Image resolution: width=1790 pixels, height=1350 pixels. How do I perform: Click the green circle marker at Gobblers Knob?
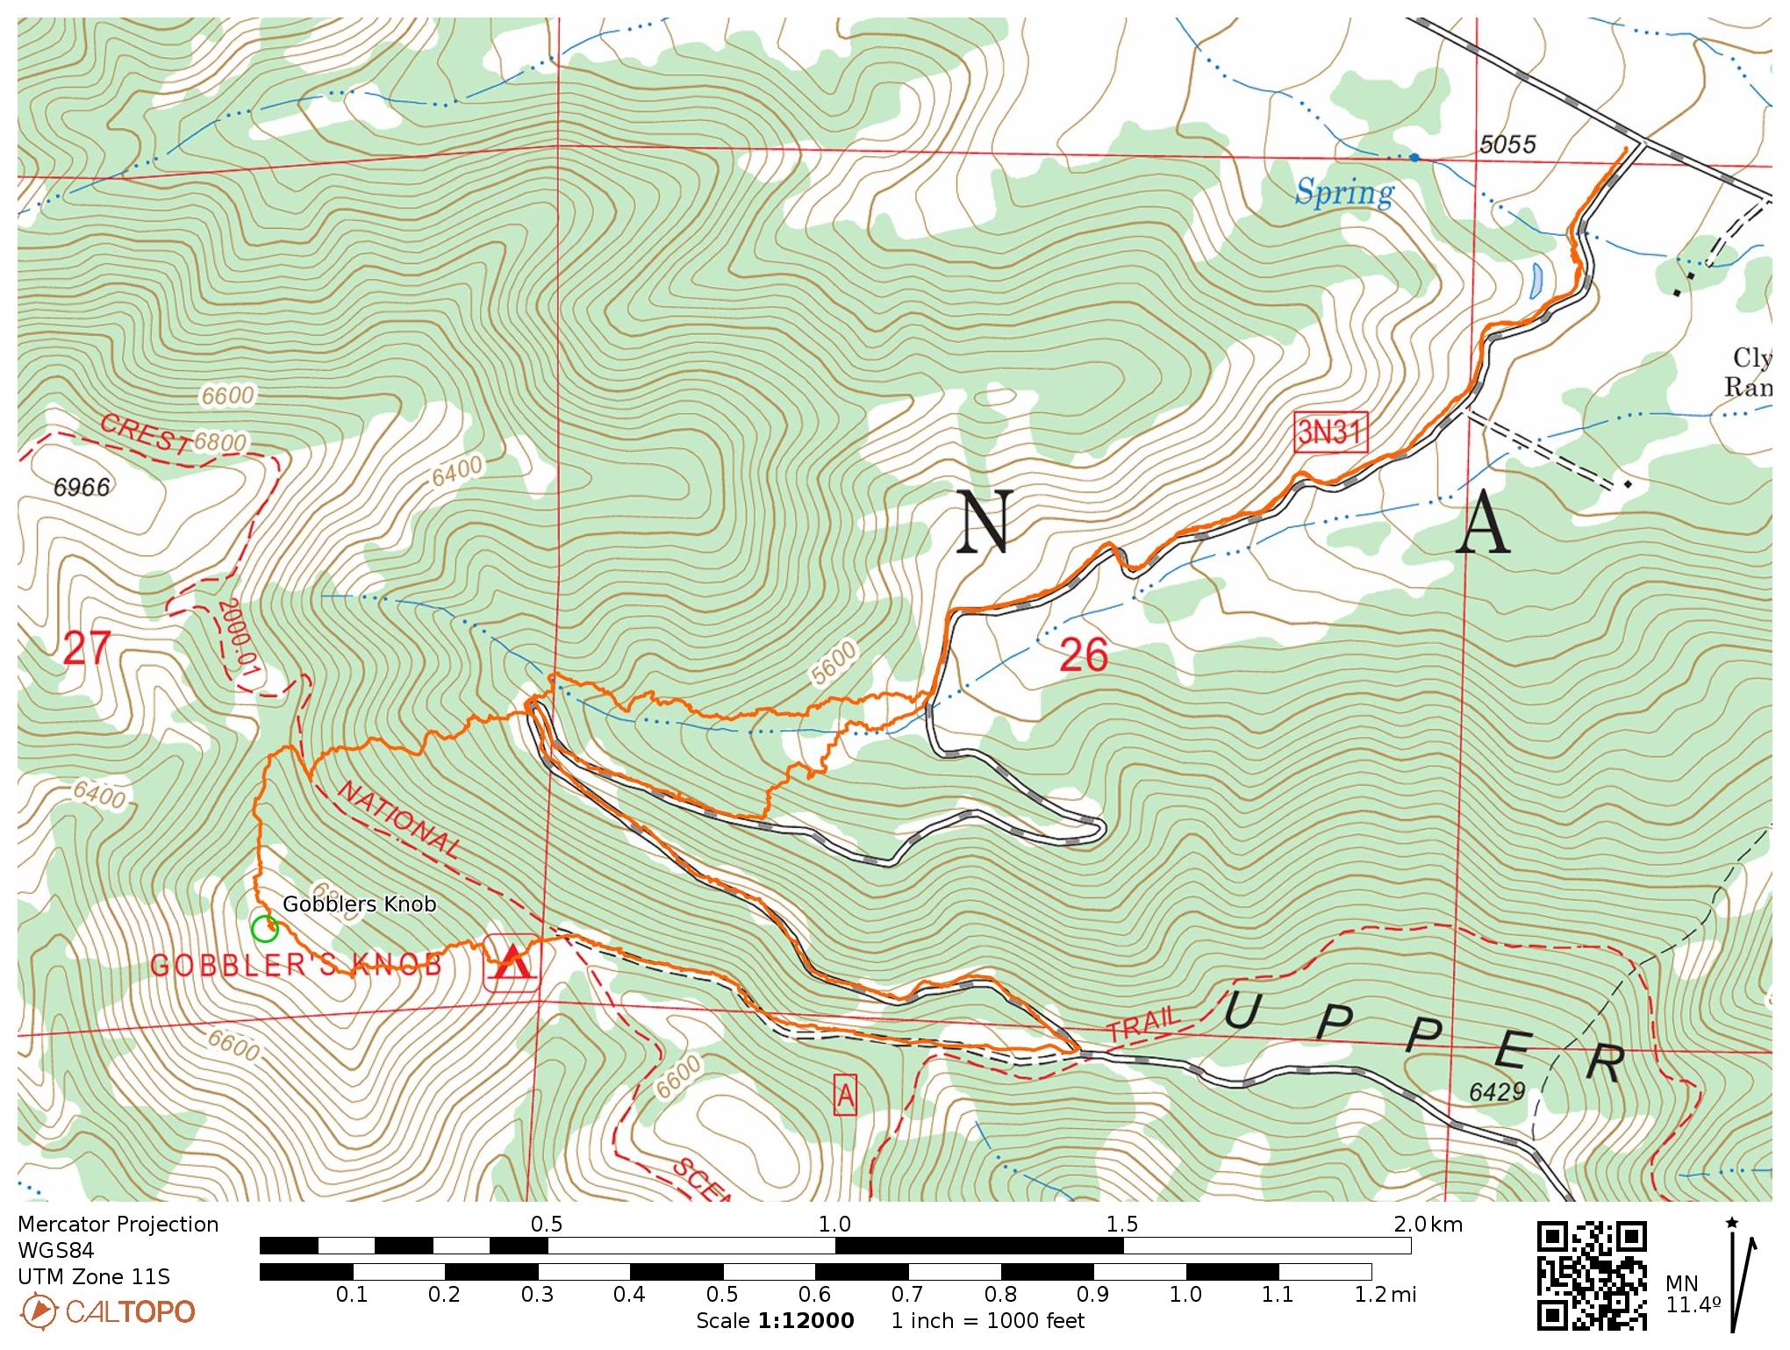coord(264,928)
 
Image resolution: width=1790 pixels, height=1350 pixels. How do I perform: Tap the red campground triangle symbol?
coord(512,961)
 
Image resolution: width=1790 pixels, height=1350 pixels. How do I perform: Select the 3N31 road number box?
coord(1330,433)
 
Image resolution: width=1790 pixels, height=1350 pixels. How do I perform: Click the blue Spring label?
coord(1343,192)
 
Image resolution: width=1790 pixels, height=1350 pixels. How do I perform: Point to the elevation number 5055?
coord(1507,144)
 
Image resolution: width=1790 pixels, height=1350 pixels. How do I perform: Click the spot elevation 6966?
coord(82,487)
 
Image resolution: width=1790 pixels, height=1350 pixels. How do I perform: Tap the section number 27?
coord(88,649)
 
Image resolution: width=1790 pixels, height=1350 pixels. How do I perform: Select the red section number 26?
coord(1084,655)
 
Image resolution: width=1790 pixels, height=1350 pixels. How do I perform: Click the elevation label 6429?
coord(1497,1091)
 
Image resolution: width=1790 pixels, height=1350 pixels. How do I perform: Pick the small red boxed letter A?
coord(845,1095)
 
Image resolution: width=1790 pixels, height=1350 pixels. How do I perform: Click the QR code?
coord(1592,1274)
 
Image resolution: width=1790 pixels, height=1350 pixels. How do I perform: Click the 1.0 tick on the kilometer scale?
coord(834,1225)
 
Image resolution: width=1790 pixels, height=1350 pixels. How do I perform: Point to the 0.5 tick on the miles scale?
coord(722,1294)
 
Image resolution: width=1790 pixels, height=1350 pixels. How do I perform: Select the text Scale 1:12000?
coord(775,1321)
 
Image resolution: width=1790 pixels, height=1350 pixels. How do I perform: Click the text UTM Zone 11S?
coord(94,1276)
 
